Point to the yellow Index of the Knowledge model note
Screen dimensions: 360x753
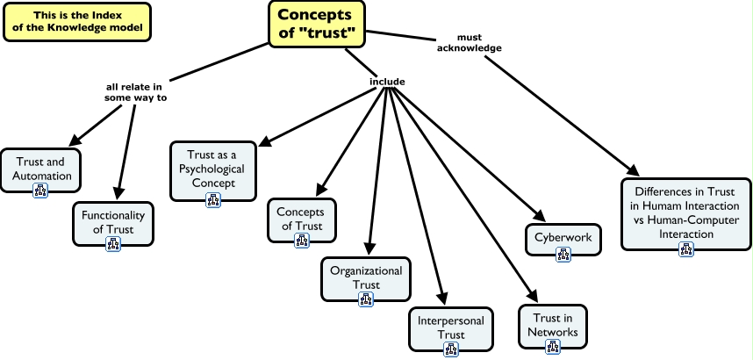pos(78,22)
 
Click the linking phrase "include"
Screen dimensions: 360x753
pos(387,82)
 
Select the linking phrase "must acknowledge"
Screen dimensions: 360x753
pos(479,43)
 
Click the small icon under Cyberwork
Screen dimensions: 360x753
pos(563,256)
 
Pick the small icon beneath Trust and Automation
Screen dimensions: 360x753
pos(41,191)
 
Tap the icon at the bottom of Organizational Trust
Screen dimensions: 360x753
pos(366,299)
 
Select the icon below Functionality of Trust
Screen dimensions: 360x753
pos(113,242)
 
